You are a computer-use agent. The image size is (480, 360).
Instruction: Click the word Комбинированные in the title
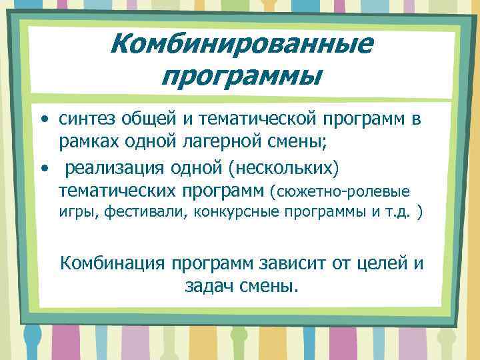point(241,45)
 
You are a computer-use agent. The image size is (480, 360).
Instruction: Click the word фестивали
point(143,215)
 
